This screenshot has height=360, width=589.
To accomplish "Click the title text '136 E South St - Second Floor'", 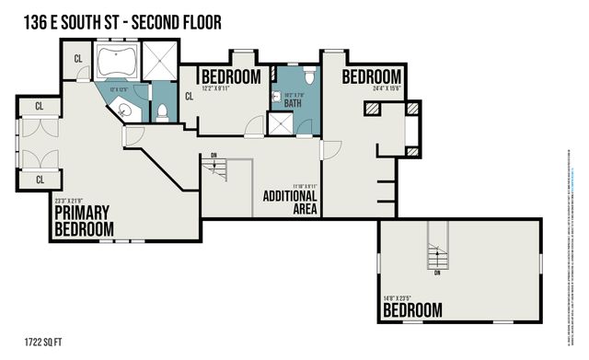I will pos(118,20).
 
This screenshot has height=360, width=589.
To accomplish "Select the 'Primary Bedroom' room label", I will pos(84,220).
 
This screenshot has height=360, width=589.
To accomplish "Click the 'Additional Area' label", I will pos(290,202).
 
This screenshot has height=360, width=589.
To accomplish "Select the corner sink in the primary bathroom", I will pos(131,109).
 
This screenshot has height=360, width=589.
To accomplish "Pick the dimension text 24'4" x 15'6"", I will pos(373,89).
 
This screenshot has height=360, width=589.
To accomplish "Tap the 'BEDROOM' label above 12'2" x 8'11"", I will pos(231,76).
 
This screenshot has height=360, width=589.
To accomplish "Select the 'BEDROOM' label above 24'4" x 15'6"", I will pos(373,76).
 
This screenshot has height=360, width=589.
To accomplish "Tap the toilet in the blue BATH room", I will pos(309,75).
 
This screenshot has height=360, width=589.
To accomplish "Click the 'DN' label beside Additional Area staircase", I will pos(214,155).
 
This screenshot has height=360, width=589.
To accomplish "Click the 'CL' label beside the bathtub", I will pos(79,59).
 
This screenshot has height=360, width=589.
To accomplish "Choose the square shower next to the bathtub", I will pos(159,63).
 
